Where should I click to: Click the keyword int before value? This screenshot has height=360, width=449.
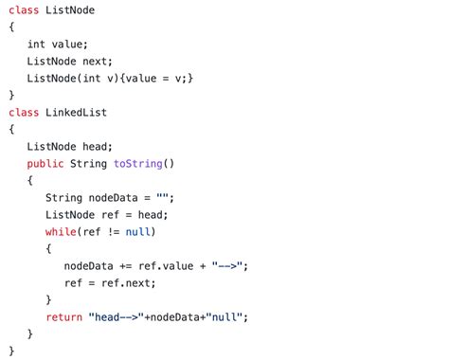point(36,44)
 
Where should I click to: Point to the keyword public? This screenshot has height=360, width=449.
point(45,163)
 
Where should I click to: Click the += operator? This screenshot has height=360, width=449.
point(128,265)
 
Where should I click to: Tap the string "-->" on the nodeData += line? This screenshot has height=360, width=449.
point(228,265)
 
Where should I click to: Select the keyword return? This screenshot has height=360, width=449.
point(63,316)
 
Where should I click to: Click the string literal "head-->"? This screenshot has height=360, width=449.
point(117,316)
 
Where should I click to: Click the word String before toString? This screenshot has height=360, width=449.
point(89,163)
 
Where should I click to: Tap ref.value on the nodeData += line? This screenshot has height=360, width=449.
point(172,265)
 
